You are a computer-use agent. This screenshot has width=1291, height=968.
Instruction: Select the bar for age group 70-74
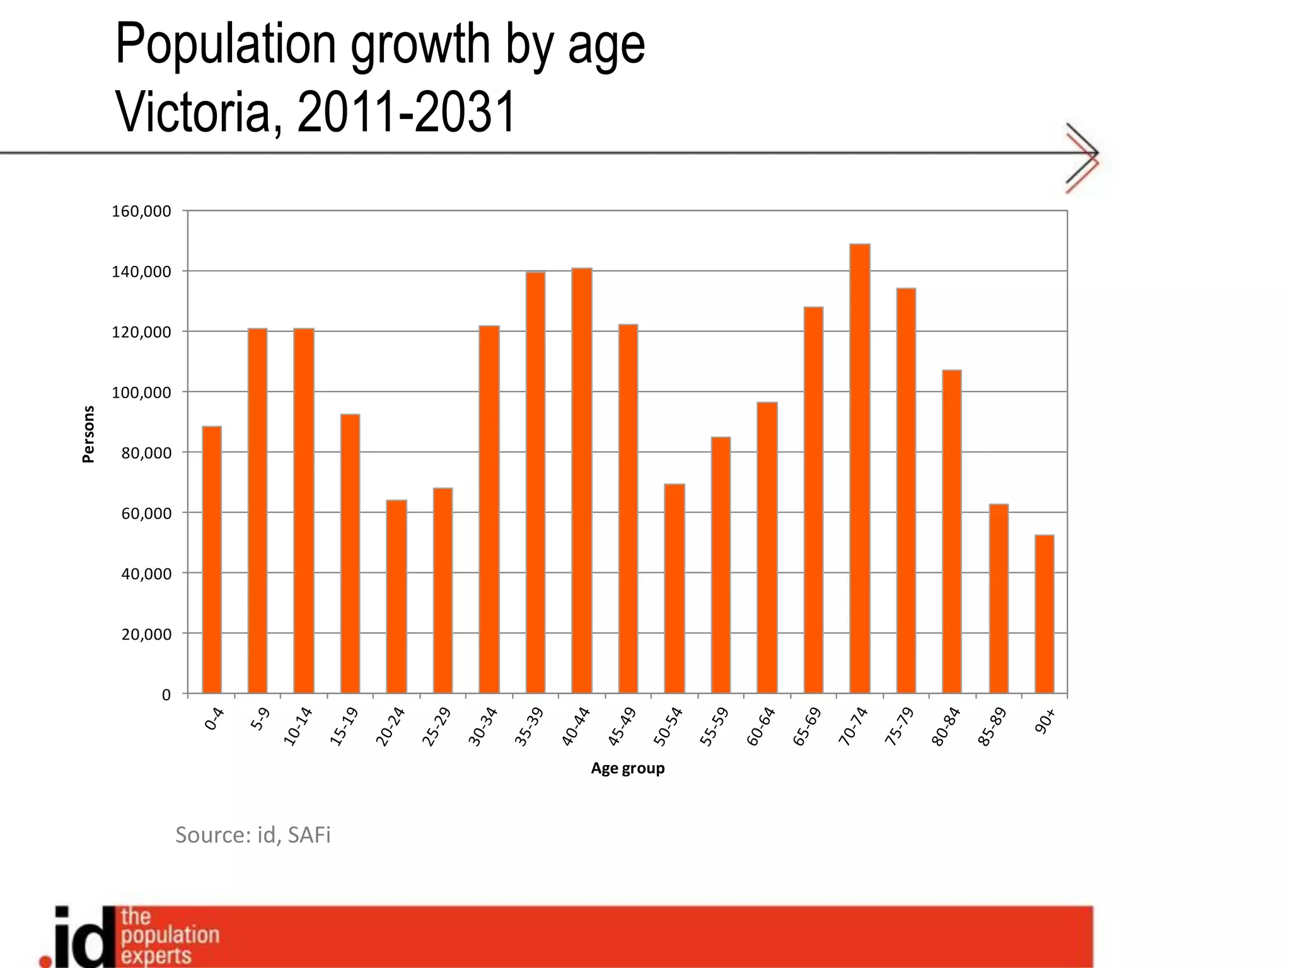pos(860,469)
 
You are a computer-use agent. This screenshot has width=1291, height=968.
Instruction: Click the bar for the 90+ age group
pos(1045,614)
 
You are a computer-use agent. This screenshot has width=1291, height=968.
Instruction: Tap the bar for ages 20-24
pos(397,597)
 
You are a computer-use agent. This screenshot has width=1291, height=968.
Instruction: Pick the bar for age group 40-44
pos(582,481)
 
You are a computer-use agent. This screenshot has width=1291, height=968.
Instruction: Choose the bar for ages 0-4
pos(212,560)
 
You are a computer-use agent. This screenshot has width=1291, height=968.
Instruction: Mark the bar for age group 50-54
pos(674,589)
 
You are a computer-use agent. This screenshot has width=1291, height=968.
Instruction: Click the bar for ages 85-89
pos(999,599)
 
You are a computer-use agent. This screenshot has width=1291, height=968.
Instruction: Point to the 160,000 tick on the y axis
pos(141,211)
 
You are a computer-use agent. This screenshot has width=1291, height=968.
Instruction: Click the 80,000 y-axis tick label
pos(146,453)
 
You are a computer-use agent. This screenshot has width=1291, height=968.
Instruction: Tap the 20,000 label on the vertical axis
pos(146,635)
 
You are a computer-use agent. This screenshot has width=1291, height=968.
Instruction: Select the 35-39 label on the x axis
pos(528,727)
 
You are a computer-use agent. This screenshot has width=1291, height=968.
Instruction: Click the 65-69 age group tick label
pos(806,727)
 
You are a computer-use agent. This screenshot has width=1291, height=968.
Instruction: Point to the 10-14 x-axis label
pos(297,727)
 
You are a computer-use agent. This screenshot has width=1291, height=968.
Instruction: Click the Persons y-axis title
pos(88,434)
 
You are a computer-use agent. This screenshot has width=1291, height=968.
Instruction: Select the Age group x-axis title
pos(627,768)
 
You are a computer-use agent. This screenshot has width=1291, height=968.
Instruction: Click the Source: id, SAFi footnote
pos(253,834)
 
